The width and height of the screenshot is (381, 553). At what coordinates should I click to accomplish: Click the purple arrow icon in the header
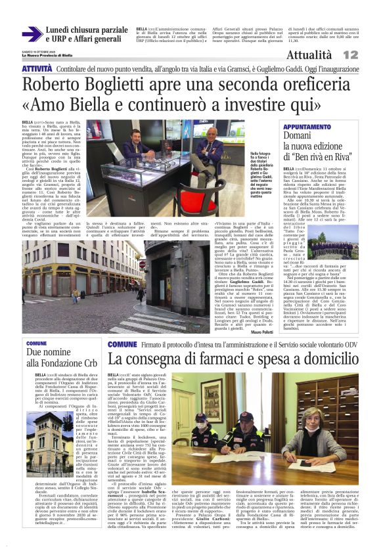coord(31,34)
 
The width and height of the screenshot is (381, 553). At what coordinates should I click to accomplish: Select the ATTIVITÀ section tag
coord(37,68)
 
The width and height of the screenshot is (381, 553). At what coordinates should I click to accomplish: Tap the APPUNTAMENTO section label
coord(307,126)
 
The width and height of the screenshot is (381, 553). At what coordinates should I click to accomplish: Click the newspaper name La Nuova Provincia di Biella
coord(53,55)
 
